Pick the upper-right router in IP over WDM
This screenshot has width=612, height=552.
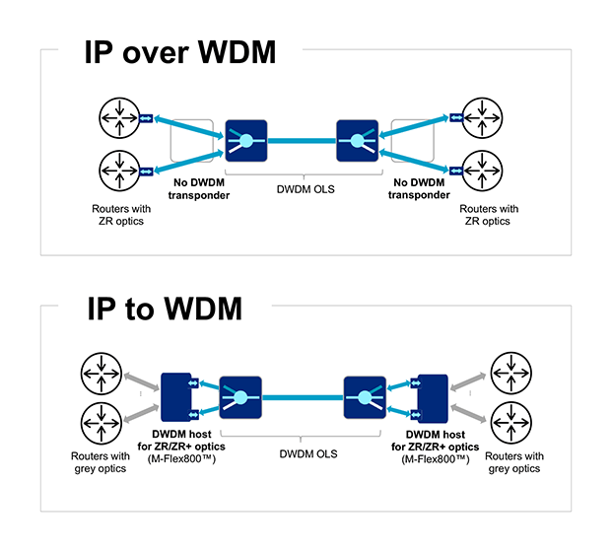click(489, 116)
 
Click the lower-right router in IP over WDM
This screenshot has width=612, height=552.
click(489, 172)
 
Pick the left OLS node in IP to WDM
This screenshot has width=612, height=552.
click(240, 397)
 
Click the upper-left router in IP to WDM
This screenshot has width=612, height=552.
click(102, 375)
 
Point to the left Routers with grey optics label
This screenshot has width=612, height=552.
click(100, 462)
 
